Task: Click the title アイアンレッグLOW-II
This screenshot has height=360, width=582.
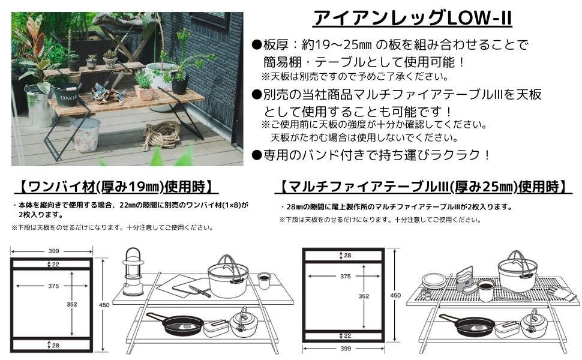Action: tap(412, 18)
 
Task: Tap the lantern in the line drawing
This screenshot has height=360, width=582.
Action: tap(133, 272)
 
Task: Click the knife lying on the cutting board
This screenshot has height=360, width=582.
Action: tap(199, 291)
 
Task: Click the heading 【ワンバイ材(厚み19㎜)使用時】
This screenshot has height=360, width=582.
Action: tap(116, 187)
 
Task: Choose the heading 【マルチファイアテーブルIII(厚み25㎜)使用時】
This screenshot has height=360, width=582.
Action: tap(424, 187)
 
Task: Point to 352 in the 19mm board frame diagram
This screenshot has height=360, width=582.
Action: tap(71, 304)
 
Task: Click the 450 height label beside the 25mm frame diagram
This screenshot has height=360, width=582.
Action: tap(395, 295)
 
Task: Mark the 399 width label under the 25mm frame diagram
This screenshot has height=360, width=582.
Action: tap(346, 349)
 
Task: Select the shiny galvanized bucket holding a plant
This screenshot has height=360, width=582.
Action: tap(40, 106)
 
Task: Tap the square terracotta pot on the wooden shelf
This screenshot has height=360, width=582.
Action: tap(144, 93)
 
